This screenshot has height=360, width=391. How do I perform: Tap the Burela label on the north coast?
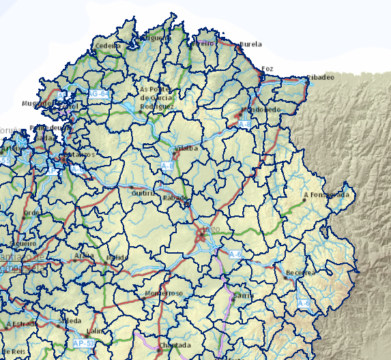[251, 44]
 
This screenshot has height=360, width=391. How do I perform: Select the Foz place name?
[267, 69]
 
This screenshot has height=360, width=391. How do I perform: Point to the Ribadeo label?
[321, 77]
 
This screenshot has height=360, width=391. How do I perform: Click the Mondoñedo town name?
[261, 109]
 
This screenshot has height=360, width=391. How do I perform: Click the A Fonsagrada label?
[328, 195]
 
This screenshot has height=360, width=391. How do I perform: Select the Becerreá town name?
[301, 272]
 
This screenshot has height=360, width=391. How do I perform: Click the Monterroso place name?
[164, 293]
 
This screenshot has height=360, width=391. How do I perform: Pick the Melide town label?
[117, 257]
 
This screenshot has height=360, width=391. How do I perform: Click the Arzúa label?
[84, 256]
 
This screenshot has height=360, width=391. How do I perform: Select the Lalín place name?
[95, 332]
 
